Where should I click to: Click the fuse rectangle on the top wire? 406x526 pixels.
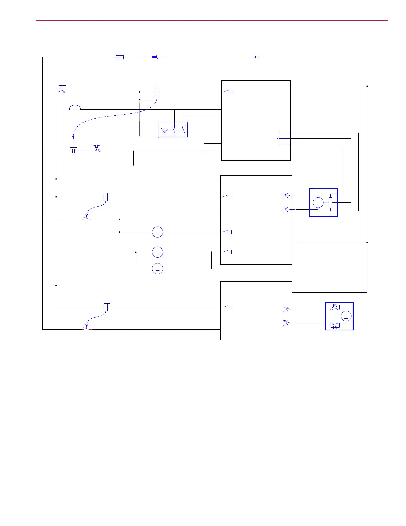point(120,57)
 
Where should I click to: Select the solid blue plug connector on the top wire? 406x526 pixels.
point(155,57)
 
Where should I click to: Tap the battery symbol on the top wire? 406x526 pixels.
point(256,57)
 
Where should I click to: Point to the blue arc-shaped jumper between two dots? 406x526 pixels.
point(75,107)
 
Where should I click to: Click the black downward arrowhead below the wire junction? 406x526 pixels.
point(133,164)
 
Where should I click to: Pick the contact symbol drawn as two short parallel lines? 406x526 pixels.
point(74,151)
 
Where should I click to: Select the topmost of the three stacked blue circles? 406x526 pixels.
point(157,232)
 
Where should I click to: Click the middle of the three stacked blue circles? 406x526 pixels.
point(157,252)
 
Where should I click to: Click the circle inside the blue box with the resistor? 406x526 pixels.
point(318,202)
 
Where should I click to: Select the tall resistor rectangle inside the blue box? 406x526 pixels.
point(330,202)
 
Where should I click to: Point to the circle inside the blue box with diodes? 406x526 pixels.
point(346,316)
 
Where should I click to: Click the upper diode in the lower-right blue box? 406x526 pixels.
point(335,305)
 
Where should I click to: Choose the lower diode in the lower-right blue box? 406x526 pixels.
point(335,327)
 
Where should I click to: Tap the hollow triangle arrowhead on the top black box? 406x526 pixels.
point(278,138)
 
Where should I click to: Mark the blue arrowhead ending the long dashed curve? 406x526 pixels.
point(73,137)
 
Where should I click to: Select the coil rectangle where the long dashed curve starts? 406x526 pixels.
point(157,92)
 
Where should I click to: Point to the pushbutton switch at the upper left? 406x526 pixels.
point(61,90)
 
